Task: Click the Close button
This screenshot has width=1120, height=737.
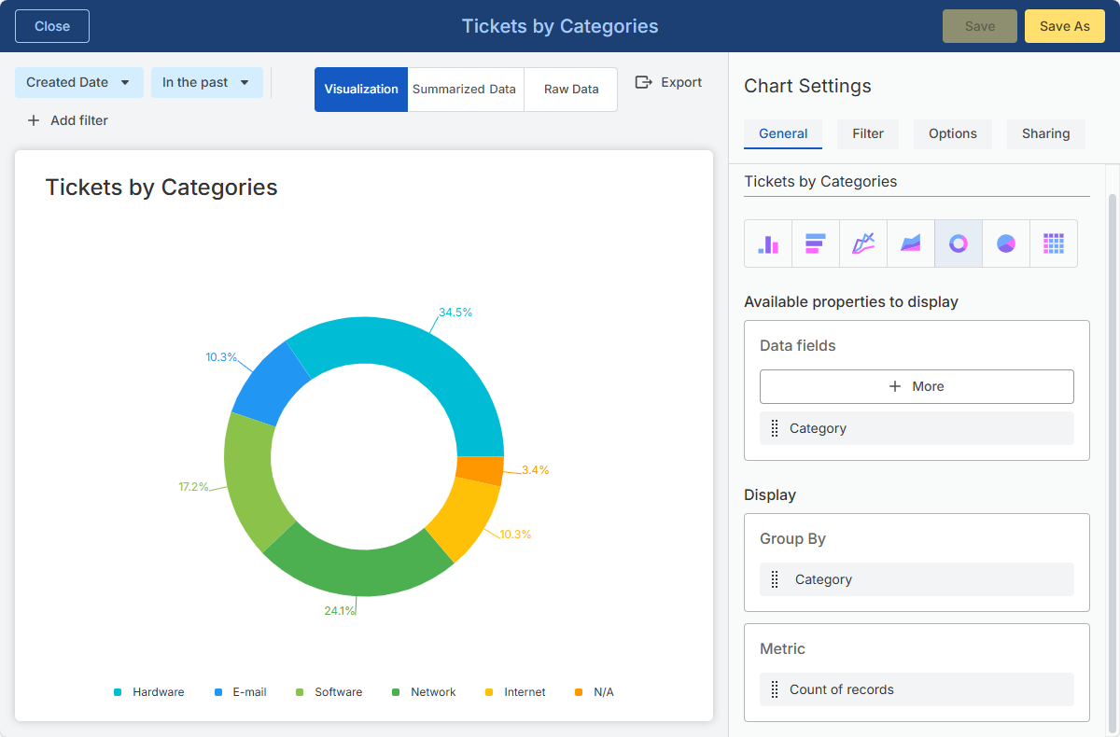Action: tap(52, 26)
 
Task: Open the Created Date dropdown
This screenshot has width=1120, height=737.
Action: tap(79, 82)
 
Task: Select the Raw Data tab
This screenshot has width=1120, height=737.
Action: tap(571, 89)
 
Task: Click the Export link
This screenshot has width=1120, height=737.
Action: tap(668, 82)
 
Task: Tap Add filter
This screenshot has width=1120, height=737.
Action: tap(67, 120)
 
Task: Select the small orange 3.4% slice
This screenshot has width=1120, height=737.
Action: tap(480, 470)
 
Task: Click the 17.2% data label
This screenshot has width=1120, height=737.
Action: tap(193, 487)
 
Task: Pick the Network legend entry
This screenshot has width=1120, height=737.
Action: tap(424, 692)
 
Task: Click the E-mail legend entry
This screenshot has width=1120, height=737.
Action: tap(241, 692)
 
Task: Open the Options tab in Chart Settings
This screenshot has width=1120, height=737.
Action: tap(953, 133)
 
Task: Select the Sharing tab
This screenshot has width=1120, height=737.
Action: tap(1045, 133)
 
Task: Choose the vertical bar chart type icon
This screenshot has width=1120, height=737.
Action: tap(768, 243)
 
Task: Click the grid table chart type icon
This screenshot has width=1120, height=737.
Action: tap(1054, 243)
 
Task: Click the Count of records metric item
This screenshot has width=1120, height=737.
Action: tap(917, 689)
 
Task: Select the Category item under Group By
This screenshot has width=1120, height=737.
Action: tap(917, 579)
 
